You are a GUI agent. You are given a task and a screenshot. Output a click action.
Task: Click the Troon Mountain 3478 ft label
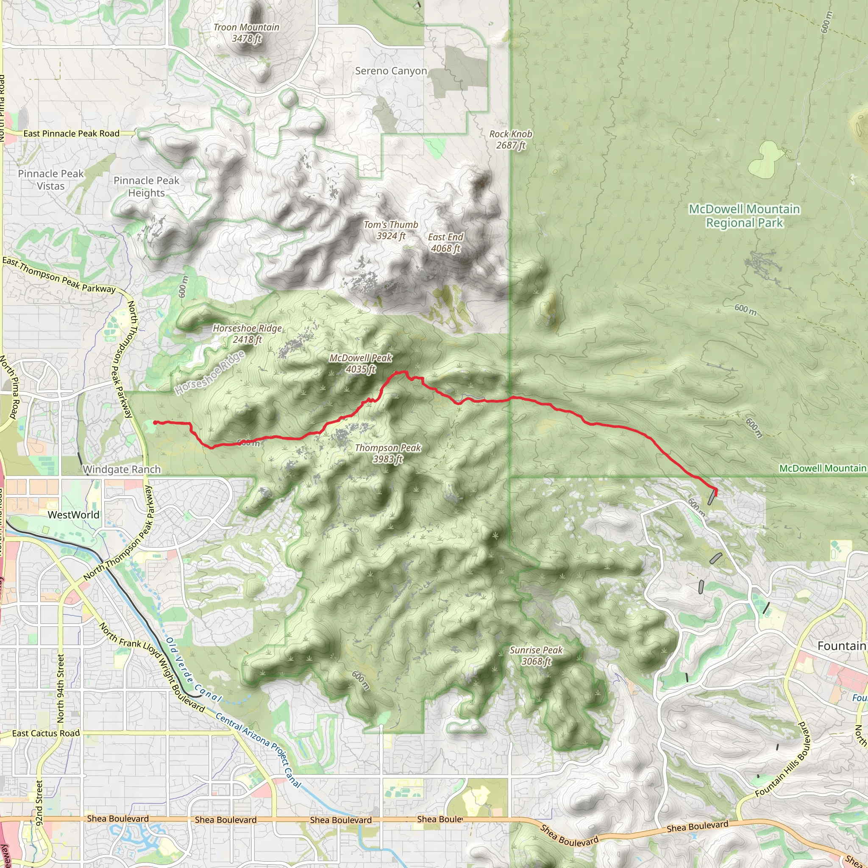pos(246,33)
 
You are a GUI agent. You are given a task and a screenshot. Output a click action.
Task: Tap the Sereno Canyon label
pos(391,71)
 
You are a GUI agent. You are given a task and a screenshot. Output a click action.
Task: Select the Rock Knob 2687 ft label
pos(511,139)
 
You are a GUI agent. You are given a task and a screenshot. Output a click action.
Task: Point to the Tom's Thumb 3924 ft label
pos(391,230)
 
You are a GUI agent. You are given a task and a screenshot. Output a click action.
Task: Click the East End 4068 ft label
pos(446,242)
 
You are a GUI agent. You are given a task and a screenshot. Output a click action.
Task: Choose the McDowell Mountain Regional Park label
pos(744,216)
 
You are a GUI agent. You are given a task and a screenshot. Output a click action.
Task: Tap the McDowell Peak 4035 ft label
pos(361,364)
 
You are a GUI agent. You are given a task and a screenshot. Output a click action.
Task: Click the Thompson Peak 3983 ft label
pos(388,453)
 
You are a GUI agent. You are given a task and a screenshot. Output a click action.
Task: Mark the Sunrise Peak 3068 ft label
pos(536,656)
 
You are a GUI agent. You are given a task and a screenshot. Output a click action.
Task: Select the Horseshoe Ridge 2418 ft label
pos(247,334)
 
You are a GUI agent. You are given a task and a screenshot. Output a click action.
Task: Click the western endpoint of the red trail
pos(155,422)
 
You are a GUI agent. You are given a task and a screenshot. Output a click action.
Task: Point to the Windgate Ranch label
pos(122,470)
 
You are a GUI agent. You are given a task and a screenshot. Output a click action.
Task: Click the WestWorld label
pos(73,515)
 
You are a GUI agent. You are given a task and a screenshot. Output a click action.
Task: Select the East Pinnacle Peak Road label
pos(72,134)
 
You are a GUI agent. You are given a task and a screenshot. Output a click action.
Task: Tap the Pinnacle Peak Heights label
pos(147,186)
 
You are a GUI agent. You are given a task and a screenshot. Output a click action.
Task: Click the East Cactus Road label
pos(46,733)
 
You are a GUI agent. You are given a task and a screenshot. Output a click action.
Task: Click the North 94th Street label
pos(61,688)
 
